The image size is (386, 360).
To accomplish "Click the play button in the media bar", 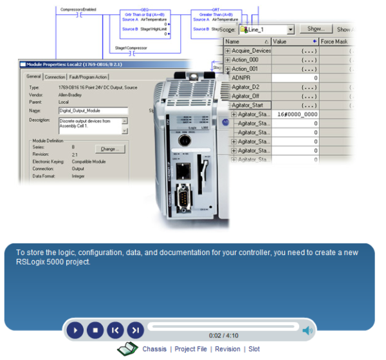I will coord(75,330).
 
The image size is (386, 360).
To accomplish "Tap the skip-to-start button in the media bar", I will coord(115,330).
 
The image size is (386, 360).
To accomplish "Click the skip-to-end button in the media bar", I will coord(135,330).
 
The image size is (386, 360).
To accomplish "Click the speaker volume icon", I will coord(308,331).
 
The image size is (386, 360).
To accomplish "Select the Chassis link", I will coord(154,349).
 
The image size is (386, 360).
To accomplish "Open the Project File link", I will coord(190,349).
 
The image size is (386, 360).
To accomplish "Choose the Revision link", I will coord(228,349).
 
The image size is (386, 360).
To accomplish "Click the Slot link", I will coord(254,349).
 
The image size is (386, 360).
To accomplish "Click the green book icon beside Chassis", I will coord(127,349).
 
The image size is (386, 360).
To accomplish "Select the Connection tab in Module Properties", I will coord(55,77).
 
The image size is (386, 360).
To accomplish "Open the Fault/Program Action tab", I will coord(88,77).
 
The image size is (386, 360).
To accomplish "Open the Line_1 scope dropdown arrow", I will coord(291,30).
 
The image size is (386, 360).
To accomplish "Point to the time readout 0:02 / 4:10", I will coord(223,336).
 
